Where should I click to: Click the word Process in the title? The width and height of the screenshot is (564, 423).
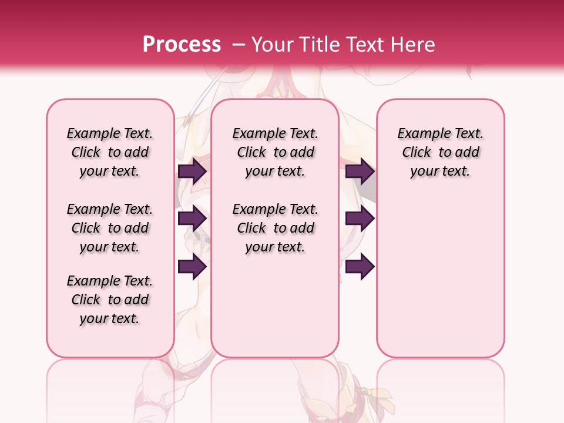[182, 45]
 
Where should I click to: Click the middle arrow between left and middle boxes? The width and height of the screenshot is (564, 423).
[192, 219]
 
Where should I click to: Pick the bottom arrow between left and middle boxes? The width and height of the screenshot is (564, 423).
[192, 267]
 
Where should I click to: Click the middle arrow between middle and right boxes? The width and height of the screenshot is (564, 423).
[360, 219]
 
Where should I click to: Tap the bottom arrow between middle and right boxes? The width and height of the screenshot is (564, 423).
[360, 267]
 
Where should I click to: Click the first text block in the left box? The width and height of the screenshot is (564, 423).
[110, 152]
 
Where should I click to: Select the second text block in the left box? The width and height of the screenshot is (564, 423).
[110, 228]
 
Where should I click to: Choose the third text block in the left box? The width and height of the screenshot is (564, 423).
[110, 300]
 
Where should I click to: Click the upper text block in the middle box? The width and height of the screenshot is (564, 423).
[275, 152]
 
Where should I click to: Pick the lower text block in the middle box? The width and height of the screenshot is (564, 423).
[275, 228]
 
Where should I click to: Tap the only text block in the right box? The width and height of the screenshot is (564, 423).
[440, 152]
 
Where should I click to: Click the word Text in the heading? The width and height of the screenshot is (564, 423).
[369, 45]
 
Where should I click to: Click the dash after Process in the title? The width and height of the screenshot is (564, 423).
[238, 45]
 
